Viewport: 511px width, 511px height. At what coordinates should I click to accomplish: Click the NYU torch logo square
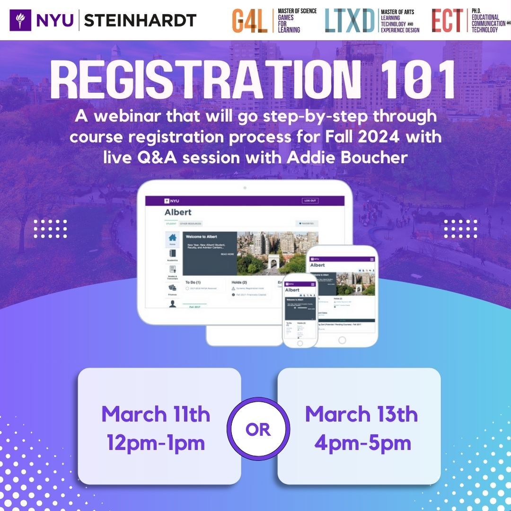click(20, 20)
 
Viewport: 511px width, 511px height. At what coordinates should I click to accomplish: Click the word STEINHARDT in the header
click(140, 20)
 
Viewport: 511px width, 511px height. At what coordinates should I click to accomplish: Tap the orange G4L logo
click(249, 21)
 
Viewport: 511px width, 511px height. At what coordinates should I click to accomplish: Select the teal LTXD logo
click(350, 21)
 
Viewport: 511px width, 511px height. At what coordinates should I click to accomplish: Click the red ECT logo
click(447, 21)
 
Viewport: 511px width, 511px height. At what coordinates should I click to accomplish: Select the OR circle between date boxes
click(258, 430)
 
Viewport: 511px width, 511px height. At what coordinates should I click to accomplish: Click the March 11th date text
click(156, 414)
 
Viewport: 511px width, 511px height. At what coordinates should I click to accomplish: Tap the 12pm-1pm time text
click(156, 443)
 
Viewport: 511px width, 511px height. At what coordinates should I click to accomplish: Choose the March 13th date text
click(361, 414)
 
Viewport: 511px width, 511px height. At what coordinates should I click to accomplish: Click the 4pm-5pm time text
click(361, 443)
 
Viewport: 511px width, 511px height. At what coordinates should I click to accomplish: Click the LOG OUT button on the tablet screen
click(310, 201)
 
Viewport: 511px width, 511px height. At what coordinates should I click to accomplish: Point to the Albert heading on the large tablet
click(178, 212)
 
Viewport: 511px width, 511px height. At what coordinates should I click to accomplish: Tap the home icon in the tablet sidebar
click(173, 238)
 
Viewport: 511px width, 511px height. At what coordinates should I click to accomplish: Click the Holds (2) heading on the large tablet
click(240, 282)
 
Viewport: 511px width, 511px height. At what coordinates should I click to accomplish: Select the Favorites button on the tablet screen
click(307, 223)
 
